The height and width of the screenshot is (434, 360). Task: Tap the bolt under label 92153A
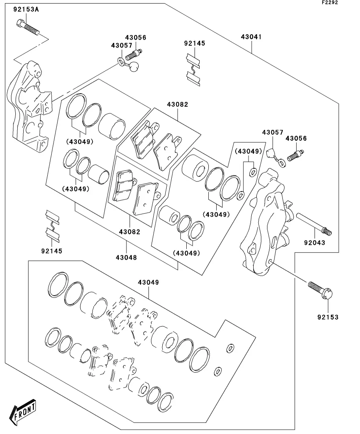28,28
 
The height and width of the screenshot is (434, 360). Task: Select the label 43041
251,37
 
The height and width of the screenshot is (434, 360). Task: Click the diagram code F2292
330,2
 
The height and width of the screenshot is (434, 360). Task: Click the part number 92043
314,243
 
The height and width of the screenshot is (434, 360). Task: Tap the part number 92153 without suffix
327,317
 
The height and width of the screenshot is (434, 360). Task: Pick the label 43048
126,258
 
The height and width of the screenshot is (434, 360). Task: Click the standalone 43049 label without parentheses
148,283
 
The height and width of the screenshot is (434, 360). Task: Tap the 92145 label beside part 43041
195,43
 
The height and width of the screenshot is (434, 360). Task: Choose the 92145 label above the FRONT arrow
52,251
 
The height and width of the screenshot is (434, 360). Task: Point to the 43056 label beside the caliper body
296,139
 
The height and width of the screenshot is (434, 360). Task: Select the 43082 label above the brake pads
177,105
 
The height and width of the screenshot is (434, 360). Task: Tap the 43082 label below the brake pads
130,232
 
